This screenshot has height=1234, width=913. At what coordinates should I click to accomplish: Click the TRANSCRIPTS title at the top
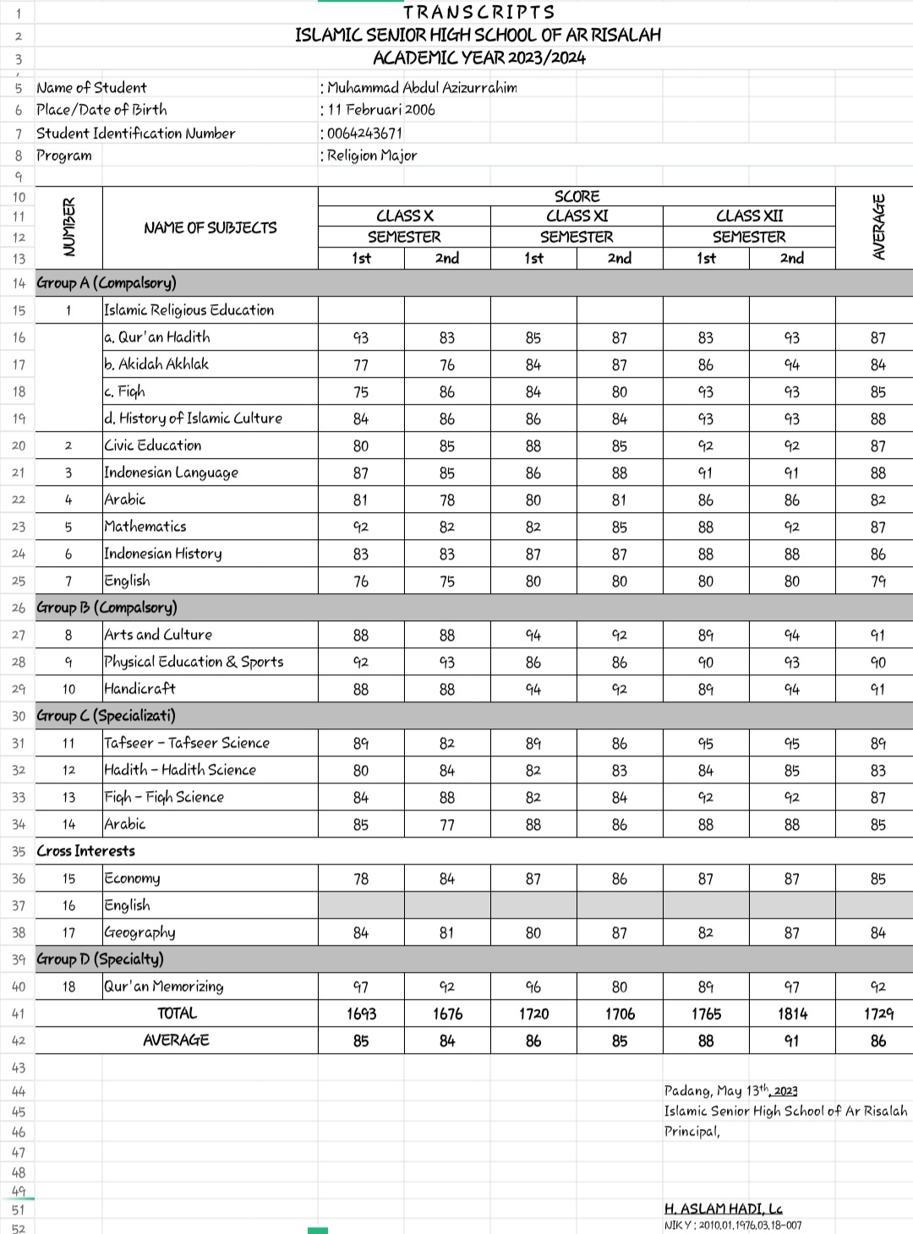click(478, 12)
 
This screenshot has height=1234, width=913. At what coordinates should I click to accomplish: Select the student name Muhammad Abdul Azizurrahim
click(422, 88)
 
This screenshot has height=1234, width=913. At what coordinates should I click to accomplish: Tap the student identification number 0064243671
click(364, 134)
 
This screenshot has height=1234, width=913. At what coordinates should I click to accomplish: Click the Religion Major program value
click(371, 156)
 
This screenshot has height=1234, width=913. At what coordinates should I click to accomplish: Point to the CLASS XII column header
click(749, 216)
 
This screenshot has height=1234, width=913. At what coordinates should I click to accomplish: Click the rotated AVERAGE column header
click(878, 227)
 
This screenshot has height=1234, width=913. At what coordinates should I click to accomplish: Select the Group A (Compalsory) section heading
click(107, 283)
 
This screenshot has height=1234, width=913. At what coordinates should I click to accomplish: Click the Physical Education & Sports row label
click(194, 662)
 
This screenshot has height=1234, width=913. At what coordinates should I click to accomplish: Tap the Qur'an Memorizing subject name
click(164, 986)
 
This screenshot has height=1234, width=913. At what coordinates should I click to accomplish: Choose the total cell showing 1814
click(792, 1013)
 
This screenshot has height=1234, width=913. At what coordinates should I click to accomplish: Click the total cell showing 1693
click(361, 1013)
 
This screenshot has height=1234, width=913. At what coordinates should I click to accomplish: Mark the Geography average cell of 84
click(878, 933)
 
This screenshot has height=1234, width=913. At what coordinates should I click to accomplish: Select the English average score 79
click(878, 582)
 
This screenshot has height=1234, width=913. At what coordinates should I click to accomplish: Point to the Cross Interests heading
click(85, 851)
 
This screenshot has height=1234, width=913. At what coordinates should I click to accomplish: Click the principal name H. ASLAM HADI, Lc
click(723, 1209)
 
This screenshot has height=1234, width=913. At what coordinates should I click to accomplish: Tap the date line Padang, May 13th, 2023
click(730, 1091)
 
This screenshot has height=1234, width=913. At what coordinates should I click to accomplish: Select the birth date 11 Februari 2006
click(381, 110)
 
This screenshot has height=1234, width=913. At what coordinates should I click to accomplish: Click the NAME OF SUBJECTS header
click(210, 228)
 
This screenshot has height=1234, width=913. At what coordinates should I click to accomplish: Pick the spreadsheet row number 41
click(19, 1013)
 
